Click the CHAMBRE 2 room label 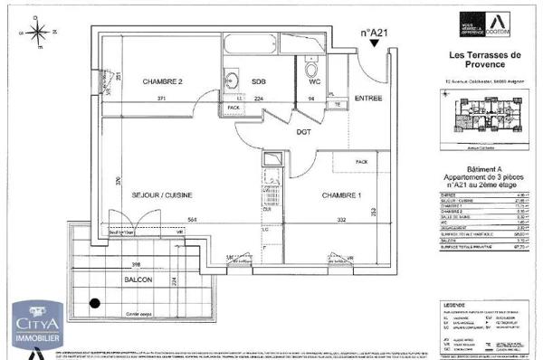162,81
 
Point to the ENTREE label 367,97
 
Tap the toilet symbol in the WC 311,69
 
